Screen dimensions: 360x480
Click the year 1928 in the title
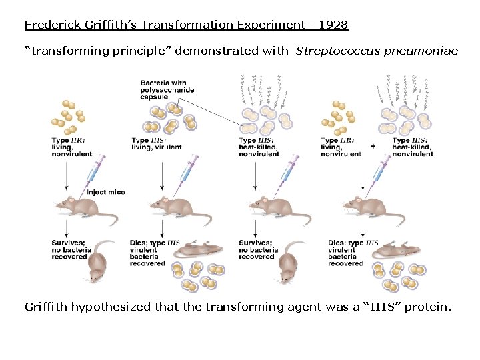coord(333,25)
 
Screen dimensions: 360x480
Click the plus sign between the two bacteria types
coord(373,145)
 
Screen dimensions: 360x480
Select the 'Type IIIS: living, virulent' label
coord(156,144)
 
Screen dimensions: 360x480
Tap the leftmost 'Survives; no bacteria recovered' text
coord(69,249)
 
